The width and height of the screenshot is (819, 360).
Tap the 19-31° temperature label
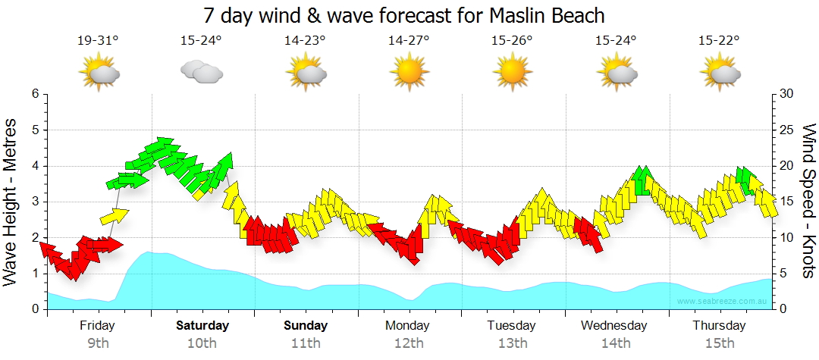[x=99, y=41]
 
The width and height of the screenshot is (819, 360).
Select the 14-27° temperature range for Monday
[x=409, y=41]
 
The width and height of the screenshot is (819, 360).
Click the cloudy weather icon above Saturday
[x=202, y=73]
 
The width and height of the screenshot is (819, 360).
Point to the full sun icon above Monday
[x=409, y=73]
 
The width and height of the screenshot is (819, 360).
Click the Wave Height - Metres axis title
[x=12, y=202]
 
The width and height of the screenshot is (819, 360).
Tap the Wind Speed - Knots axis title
[x=808, y=202]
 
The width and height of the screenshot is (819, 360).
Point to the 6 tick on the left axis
[x=35, y=94]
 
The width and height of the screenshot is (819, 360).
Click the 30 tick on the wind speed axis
[x=786, y=94]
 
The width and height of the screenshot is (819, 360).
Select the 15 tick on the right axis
[x=786, y=202]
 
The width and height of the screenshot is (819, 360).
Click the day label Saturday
[x=202, y=326]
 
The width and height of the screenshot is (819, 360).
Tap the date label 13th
[x=513, y=343]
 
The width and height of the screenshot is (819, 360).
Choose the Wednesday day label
[x=614, y=326]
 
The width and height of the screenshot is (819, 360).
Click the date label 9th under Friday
[x=99, y=343]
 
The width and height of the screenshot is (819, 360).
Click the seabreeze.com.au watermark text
[x=723, y=302]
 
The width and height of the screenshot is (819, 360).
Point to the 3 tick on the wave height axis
[x=35, y=202]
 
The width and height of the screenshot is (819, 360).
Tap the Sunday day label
[x=306, y=326]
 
